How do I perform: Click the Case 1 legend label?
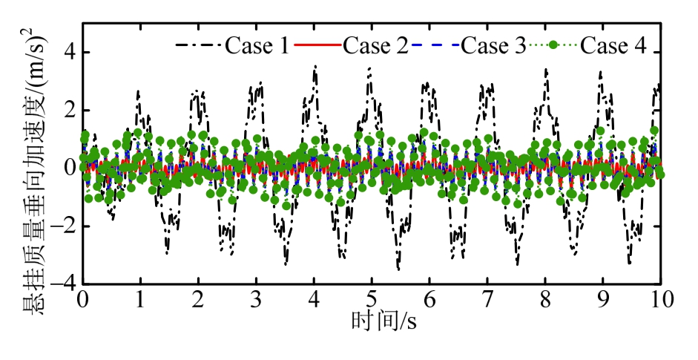(x=257, y=46)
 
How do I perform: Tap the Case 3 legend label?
(x=493, y=46)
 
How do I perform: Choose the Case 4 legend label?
(x=612, y=46)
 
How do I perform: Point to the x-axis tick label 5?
(x=372, y=299)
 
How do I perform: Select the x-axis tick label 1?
(x=140, y=299)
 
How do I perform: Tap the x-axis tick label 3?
(x=256, y=299)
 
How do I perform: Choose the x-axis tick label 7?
(x=487, y=299)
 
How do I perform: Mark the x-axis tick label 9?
(x=603, y=299)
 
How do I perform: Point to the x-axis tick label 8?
(x=545, y=299)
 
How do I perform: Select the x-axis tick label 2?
(x=198, y=299)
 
